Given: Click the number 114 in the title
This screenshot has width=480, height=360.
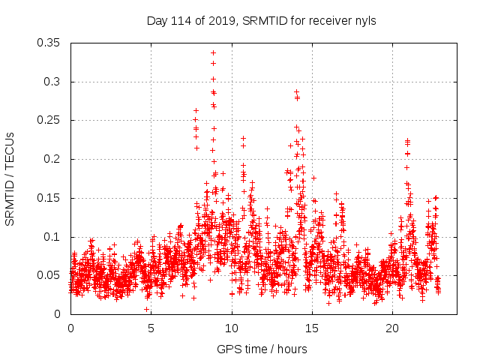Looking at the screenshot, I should [x=181, y=21].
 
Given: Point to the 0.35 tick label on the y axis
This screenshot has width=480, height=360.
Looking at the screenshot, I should [x=50, y=43].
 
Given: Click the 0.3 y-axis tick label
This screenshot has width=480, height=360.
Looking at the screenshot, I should [x=53, y=82].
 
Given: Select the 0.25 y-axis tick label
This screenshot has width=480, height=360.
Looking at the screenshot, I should [x=50, y=120].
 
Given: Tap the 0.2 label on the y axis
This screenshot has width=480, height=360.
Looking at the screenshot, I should [x=53, y=159].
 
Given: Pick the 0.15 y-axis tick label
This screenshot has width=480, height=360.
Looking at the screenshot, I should [x=50, y=198].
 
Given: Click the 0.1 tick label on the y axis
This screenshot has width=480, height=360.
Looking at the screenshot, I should [x=53, y=236].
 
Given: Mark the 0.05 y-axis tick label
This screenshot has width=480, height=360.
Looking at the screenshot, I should [x=50, y=275].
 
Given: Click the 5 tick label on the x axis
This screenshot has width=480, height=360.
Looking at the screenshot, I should [x=151, y=328].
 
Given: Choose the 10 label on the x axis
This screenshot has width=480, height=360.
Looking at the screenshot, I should [x=232, y=328].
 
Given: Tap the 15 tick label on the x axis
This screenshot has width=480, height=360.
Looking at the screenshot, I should [x=312, y=328].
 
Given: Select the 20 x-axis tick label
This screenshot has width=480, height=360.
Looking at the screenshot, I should [x=392, y=328].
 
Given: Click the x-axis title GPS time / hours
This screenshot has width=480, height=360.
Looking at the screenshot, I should [x=258, y=349].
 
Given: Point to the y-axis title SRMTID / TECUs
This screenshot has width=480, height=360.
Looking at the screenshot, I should [x=10, y=178].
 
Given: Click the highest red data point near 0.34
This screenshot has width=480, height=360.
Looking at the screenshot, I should [x=213, y=52].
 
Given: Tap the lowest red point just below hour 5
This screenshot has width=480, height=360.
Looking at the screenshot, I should [x=147, y=309].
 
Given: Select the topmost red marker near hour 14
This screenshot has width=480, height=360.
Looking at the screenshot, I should [x=296, y=91].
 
